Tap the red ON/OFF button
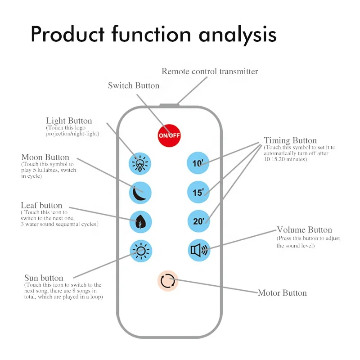click(169, 135)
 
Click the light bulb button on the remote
click(140, 163)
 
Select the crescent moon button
click(140, 193)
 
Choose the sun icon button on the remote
click(141, 251)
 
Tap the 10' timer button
click(198, 163)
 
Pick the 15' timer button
click(198, 192)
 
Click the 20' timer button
click(199, 221)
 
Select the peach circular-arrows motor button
click(168, 280)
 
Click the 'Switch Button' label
click(134, 85)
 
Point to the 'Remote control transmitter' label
click(210, 71)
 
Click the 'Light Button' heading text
click(69, 121)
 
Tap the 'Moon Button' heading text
click(45, 157)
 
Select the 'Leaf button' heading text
click(41, 205)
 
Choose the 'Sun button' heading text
click(44, 278)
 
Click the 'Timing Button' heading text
click(290, 140)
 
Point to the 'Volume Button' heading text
click(305, 229)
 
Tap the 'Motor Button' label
click(282, 293)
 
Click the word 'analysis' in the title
click(238, 35)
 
